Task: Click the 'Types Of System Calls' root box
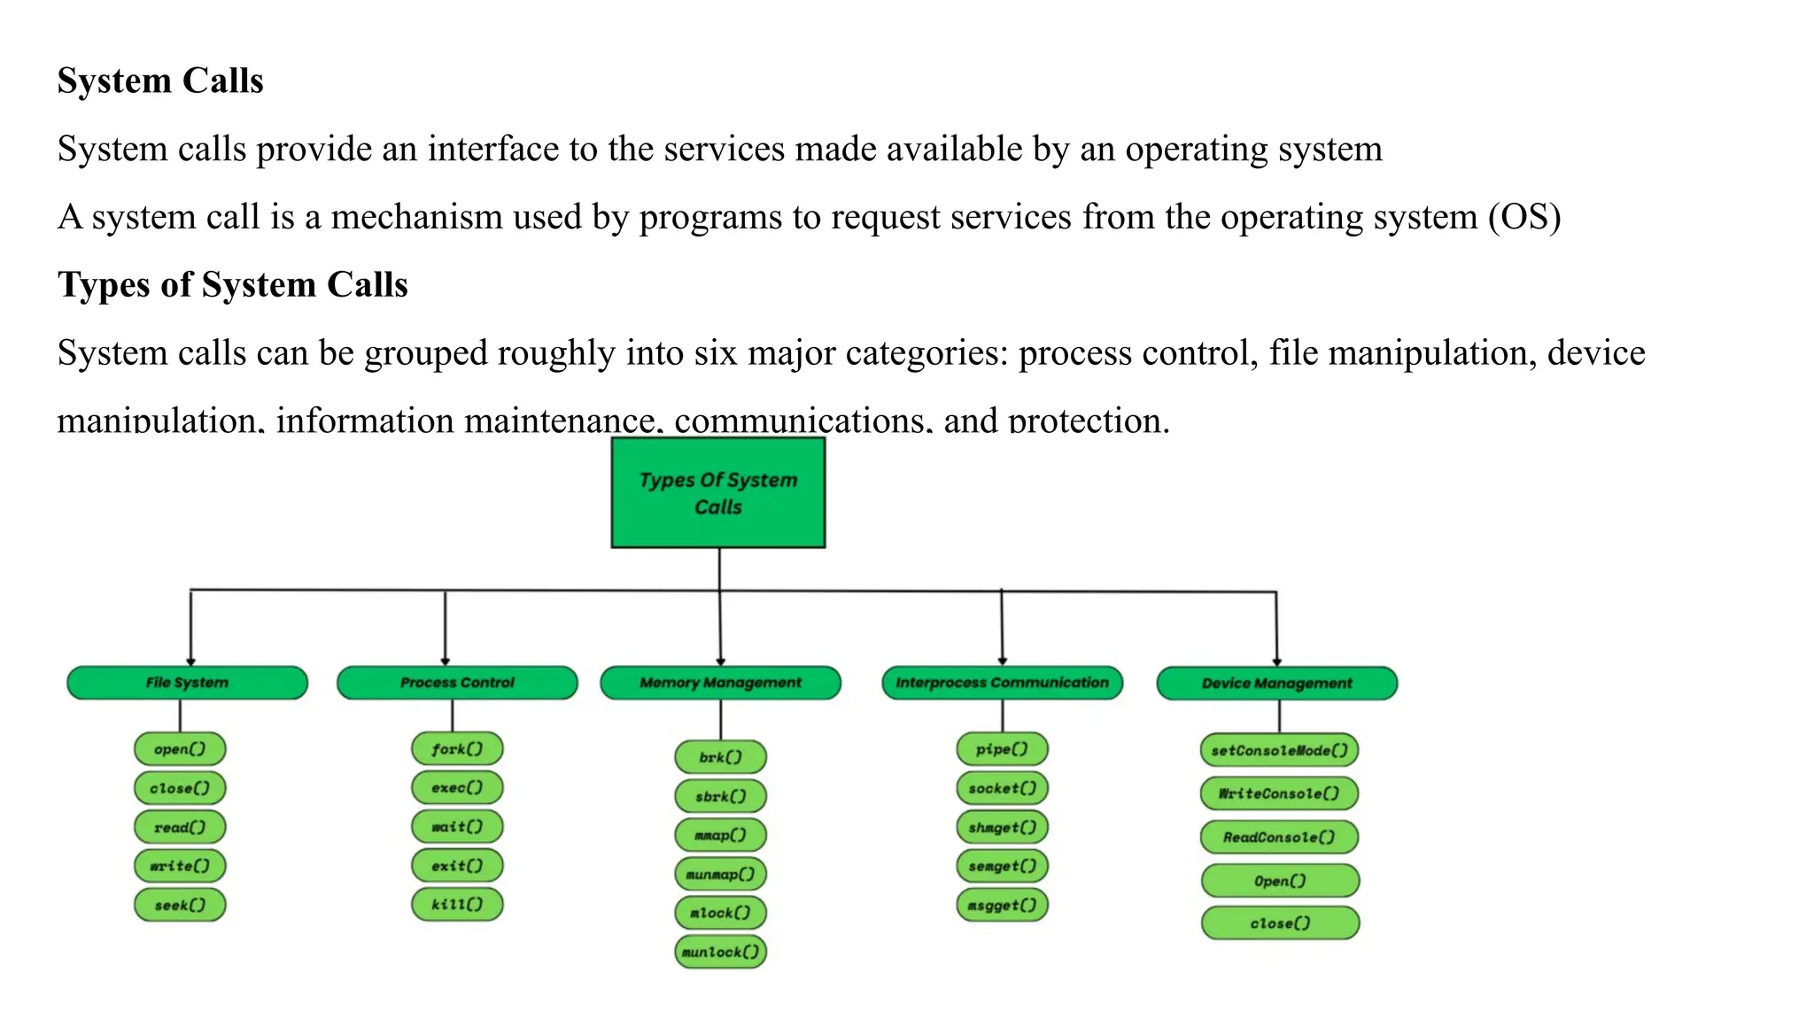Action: (717, 492)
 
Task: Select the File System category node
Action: (187, 683)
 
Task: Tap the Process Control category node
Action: (457, 683)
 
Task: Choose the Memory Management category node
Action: (720, 683)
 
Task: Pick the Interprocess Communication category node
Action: (1002, 683)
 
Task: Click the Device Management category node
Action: (1276, 684)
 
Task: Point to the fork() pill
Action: (457, 749)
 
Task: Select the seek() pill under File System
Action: (180, 905)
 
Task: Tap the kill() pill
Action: (457, 904)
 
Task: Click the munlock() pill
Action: (720, 952)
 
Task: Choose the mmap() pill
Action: (720, 835)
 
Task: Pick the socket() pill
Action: (1002, 788)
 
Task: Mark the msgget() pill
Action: (1002, 905)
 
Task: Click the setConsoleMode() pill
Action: (1279, 751)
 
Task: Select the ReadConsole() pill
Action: (1279, 837)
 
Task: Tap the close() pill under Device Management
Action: (1280, 923)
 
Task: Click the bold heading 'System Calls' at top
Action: (160, 81)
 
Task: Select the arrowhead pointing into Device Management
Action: (1276, 661)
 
